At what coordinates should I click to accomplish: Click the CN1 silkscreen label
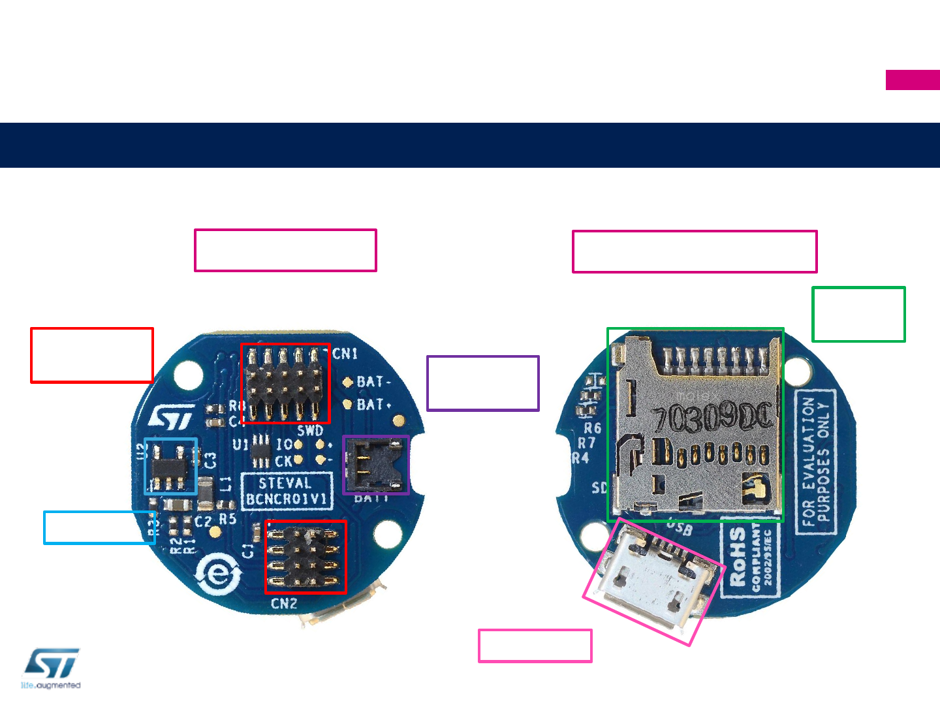(345, 354)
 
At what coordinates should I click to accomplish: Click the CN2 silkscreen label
(284, 604)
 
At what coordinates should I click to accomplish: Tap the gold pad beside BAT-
(348, 382)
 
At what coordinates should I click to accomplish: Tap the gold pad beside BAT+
(348, 405)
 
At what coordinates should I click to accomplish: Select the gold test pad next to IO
(298, 445)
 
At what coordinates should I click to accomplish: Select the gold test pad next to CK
(298, 460)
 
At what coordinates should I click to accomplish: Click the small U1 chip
(261, 450)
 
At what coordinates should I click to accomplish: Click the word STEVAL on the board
(285, 484)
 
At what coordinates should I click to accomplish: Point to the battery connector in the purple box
(375, 465)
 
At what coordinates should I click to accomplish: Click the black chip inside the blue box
(170, 467)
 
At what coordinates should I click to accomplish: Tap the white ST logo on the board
(172, 418)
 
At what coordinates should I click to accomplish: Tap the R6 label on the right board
(592, 428)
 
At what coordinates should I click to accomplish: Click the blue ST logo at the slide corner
(52, 665)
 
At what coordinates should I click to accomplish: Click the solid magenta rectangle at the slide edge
(913, 80)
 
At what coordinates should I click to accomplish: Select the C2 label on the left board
(203, 522)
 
